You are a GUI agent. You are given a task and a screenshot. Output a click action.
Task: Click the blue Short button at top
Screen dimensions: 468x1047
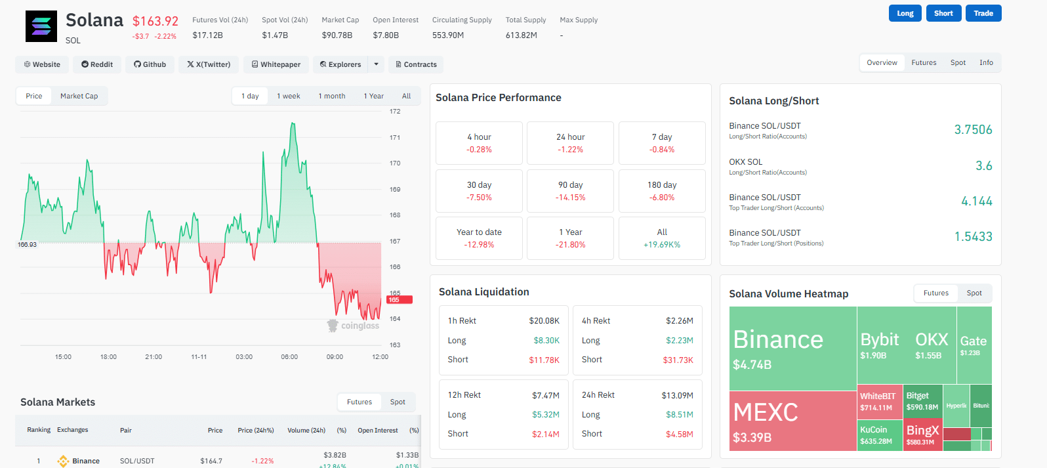[943, 13]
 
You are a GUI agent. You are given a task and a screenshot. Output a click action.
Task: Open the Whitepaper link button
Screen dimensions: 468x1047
[276, 64]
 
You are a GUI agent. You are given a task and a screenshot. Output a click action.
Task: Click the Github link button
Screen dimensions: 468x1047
[150, 64]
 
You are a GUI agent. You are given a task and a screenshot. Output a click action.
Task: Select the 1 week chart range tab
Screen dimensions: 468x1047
[288, 96]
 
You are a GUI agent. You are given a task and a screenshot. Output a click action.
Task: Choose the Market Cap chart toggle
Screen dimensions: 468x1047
[79, 96]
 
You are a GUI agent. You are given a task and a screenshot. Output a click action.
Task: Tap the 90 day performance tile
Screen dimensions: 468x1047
[570, 190]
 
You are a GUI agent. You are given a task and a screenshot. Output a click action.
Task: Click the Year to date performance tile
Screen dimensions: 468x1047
[479, 238]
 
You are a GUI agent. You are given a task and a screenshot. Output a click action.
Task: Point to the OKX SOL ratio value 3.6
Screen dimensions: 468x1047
[983, 166]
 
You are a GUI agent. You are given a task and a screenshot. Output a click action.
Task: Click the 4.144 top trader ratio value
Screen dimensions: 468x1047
[976, 202]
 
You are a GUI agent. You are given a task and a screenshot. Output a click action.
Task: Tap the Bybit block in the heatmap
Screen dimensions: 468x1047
[879, 345]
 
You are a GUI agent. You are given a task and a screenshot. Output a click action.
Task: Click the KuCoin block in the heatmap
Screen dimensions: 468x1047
[879, 435]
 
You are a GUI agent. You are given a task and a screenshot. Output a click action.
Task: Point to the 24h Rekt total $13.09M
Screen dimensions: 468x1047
[677, 395]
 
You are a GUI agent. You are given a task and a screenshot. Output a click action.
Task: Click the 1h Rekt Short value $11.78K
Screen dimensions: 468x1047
[544, 360]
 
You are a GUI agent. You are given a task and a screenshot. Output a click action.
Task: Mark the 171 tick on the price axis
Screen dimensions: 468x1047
[395, 137]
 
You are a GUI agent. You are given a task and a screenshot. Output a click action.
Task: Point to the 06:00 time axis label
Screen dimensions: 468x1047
[289, 357]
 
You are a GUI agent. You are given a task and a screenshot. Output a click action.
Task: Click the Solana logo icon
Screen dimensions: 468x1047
[41, 26]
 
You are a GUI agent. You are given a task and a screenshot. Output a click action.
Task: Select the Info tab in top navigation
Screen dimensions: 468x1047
[986, 63]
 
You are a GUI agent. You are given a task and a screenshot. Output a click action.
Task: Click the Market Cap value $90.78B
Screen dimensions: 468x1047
[337, 35]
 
